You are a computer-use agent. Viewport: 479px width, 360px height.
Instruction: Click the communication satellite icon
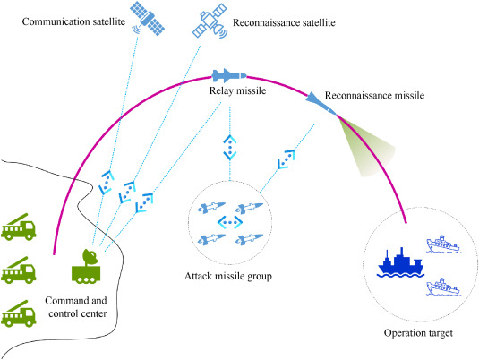point(148,18)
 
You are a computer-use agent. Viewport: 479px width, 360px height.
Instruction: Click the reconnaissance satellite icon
point(210,21)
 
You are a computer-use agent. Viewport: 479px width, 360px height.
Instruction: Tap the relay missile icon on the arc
point(229,75)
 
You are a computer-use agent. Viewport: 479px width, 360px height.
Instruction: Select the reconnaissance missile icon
point(321,103)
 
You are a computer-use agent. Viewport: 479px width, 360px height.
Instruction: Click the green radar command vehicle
point(86,267)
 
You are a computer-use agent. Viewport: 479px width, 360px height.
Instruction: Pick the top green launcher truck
point(19,227)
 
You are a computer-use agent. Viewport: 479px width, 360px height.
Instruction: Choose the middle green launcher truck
point(19,270)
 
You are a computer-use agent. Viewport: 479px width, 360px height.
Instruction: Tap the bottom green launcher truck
point(19,313)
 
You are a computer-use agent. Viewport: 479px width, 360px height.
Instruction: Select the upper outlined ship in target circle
point(443,244)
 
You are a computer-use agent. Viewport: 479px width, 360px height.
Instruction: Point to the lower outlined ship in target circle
point(443,287)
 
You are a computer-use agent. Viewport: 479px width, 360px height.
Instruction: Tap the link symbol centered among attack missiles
point(230,222)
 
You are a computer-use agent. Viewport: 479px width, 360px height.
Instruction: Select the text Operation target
point(418,333)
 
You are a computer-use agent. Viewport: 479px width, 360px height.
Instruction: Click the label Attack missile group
point(228,276)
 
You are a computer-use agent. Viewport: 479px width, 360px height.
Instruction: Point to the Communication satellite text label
point(73,21)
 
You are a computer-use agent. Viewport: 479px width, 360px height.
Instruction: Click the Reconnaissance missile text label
point(374,96)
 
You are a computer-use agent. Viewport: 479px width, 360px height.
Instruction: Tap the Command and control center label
point(76,307)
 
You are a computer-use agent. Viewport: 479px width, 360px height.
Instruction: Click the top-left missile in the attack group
point(211,207)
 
